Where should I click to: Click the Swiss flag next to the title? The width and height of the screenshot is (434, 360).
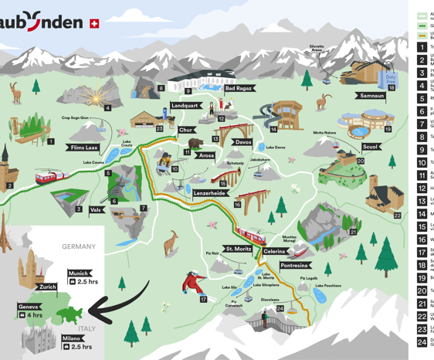pos(94,24)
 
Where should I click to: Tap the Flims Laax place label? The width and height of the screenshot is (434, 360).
pos(83,148)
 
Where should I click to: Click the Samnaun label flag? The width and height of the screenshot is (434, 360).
pos(371,96)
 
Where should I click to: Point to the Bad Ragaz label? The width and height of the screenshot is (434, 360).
pos(238,89)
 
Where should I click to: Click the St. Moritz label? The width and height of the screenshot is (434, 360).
pos(239,249)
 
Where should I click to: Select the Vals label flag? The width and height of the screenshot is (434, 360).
pos(96,209)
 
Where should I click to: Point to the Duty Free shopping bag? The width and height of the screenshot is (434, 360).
pos(390,76)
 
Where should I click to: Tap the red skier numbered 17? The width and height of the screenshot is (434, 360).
pos(191,283)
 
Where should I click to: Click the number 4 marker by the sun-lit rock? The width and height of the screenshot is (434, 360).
pos(107,108)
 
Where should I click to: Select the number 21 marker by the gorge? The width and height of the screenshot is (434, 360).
pos(353,232)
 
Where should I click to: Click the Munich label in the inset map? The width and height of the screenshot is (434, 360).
pos(79,273)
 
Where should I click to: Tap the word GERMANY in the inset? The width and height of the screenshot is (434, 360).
pos(79,246)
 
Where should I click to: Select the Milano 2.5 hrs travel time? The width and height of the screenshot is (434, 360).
pos(81,347)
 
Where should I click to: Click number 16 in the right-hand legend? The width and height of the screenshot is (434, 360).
pos(422,239)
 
